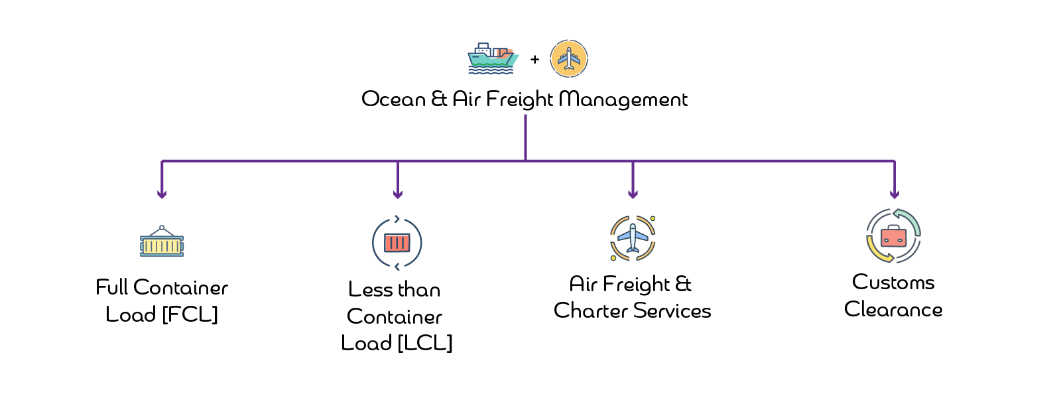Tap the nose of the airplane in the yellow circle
(x=569, y=48)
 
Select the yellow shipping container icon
(x=161, y=247)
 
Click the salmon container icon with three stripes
(x=397, y=243)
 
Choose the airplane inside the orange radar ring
(x=632, y=237)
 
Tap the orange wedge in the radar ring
(x=642, y=226)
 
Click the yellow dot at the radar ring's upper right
(x=653, y=218)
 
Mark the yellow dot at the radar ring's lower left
(x=613, y=257)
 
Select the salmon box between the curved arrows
(x=893, y=237)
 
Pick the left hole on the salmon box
(x=886, y=241)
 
